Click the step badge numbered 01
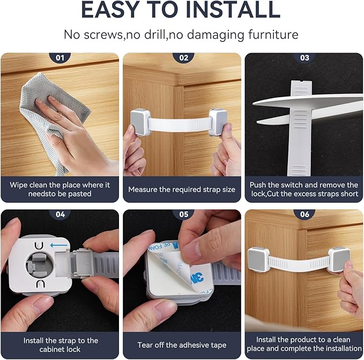pyautogui.click(x=60, y=57)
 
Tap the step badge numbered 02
pyautogui.click(x=182, y=57)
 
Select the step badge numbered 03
pyautogui.click(x=304, y=57)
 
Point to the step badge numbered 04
pyautogui.click(x=60, y=214)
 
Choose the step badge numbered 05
pyautogui.click(x=182, y=214)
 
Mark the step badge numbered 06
pyautogui.click(x=304, y=214)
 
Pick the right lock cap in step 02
pyautogui.click(x=217, y=122)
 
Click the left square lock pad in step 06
pyautogui.click(x=258, y=259)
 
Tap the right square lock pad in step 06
pyautogui.click(x=338, y=259)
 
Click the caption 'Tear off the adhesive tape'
pyautogui.click(x=182, y=345)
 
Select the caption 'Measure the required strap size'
pyautogui.click(x=182, y=189)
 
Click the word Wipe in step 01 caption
pyautogui.click(x=19, y=185)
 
